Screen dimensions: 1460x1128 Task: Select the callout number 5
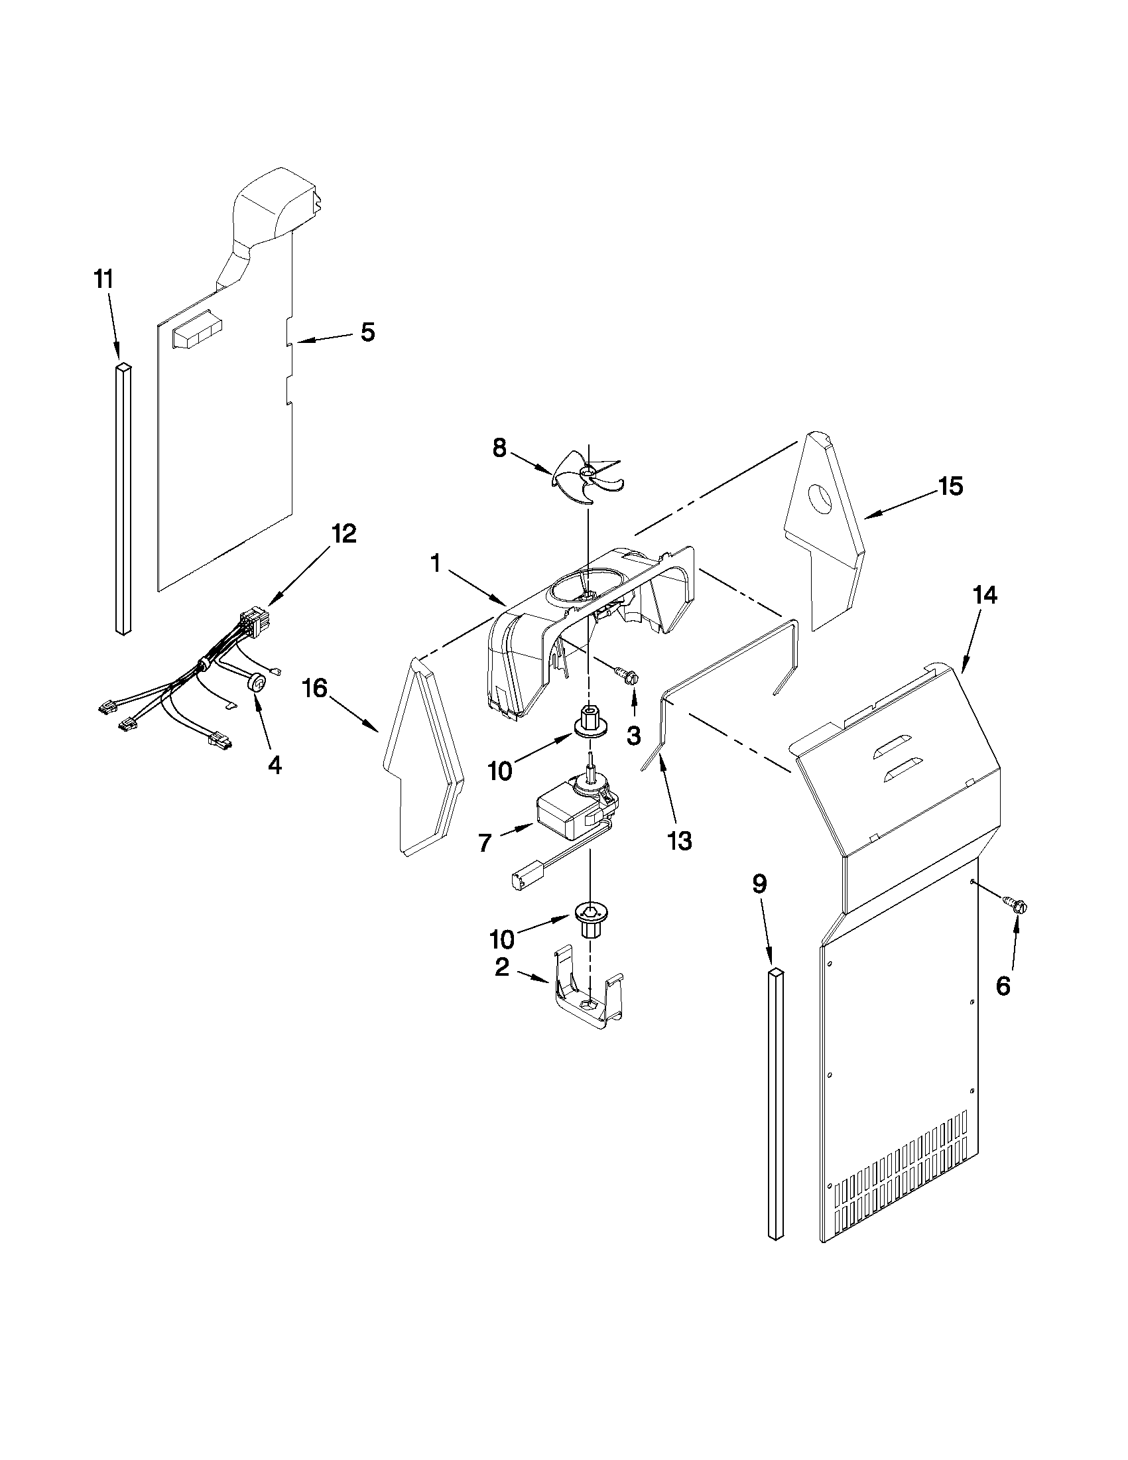[x=367, y=332]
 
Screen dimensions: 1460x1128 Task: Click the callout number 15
[x=950, y=487]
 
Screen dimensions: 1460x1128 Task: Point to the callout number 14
[x=985, y=594]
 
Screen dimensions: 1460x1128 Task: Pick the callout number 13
[x=679, y=841]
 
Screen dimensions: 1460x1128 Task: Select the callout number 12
[x=344, y=533]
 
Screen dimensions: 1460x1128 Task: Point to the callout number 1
[x=435, y=564]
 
